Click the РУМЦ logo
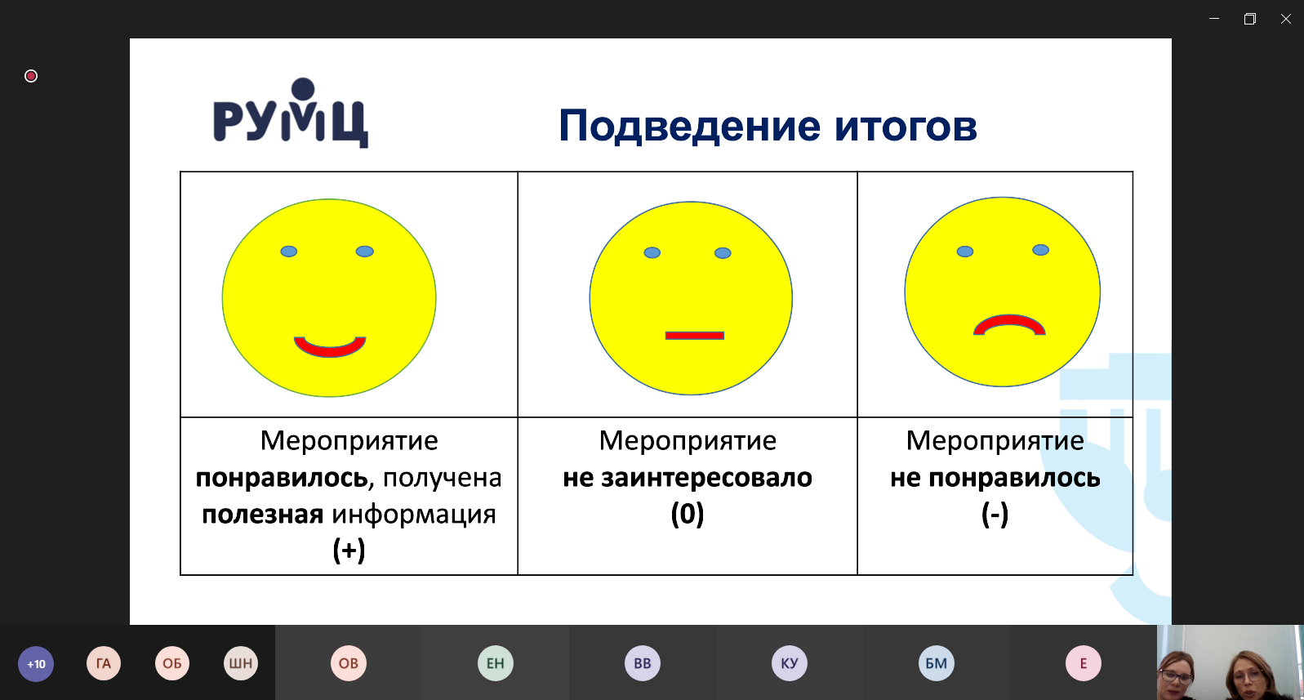coord(291,113)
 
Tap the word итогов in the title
coord(906,126)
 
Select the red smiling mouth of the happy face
coord(330,346)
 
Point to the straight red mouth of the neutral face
coord(695,336)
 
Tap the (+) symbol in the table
coord(349,550)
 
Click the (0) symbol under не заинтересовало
coord(688,514)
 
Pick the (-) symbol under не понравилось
coord(995,514)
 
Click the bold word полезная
coord(263,515)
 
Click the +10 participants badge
coord(36,663)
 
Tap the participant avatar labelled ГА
coord(104,663)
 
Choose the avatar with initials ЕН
coord(496,663)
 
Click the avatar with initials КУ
coord(790,663)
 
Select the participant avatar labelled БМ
coord(936,663)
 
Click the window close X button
coord(1286,19)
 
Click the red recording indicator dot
coord(31,76)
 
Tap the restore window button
coord(1250,19)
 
